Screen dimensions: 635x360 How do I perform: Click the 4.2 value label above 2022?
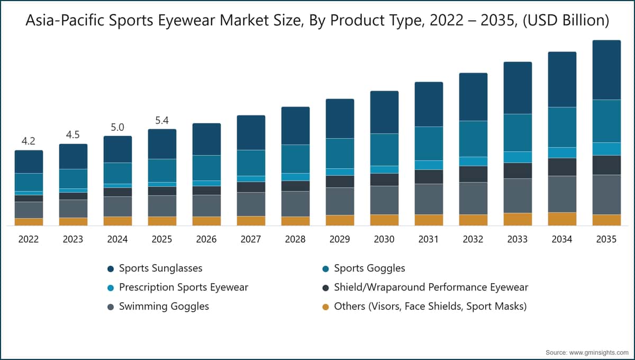pos(29,141)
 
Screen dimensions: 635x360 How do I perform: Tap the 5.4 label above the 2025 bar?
pos(162,120)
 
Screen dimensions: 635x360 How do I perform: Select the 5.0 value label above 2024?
pos(117,128)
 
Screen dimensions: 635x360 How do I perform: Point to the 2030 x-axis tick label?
pos(384,239)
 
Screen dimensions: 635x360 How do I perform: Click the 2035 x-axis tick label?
pos(606,239)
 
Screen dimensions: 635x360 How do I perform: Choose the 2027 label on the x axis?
pos(251,239)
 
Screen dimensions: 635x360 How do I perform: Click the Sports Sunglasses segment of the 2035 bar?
pos(606,70)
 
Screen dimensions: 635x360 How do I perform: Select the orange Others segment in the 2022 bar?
pos(29,222)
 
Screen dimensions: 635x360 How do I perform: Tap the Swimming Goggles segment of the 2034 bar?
pos(562,194)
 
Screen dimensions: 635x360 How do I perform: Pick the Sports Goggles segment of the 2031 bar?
pos(429,143)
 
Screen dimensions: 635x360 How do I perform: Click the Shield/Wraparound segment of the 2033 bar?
pos(518,171)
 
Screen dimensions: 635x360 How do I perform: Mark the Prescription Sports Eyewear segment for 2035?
pos(606,149)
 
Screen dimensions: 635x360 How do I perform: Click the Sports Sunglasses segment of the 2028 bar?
pos(295,125)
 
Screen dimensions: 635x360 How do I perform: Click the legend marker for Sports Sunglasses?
pos(111,269)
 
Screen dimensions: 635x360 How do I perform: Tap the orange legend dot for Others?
pos(326,307)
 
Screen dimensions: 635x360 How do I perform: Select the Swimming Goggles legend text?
pos(164,307)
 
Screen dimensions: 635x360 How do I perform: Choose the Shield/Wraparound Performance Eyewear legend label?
pos(431,287)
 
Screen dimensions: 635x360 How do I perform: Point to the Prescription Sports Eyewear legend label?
pos(184,287)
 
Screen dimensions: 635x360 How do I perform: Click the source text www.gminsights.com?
pos(598,353)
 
